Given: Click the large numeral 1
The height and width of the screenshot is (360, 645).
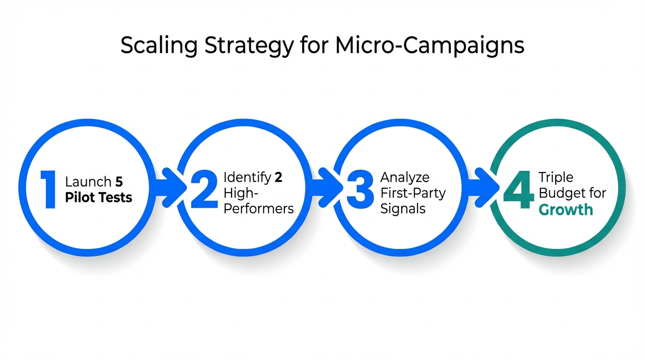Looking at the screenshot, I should pyautogui.click(x=48, y=189).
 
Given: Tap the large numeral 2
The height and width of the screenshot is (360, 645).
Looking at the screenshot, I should pyautogui.click(x=204, y=189).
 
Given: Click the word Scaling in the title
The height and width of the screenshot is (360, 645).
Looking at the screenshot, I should pyautogui.click(x=154, y=46).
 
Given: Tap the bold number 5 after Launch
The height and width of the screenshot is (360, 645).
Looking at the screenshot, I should pyautogui.click(x=119, y=182).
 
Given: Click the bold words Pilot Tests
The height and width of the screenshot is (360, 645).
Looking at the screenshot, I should pyautogui.click(x=98, y=197).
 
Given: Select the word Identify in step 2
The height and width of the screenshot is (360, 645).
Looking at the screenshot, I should pyautogui.click(x=247, y=178).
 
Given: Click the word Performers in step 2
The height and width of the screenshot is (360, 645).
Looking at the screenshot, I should pyautogui.click(x=259, y=209).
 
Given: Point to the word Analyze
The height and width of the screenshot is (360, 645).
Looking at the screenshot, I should pyautogui.click(x=405, y=178).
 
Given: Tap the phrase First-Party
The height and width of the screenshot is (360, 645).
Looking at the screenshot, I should pyautogui.click(x=412, y=193).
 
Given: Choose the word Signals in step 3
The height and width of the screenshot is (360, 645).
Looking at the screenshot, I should pyautogui.click(x=403, y=209).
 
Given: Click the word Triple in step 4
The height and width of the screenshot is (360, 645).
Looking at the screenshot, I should pyautogui.click(x=555, y=178).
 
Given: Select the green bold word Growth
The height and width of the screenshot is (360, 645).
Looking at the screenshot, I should pyautogui.click(x=566, y=209).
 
